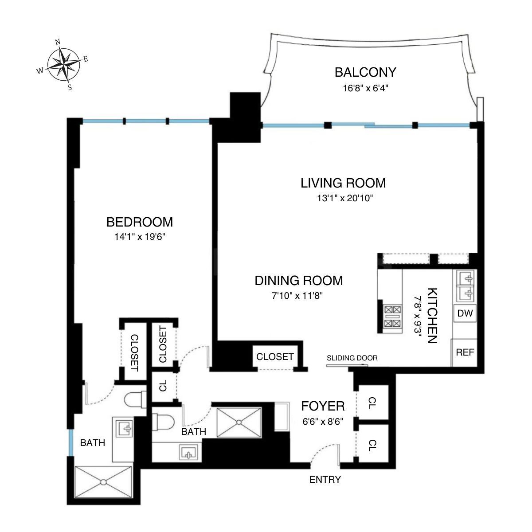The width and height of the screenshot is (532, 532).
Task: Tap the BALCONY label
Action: click(x=365, y=72)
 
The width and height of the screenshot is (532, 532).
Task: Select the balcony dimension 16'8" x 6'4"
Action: click(x=365, y=88)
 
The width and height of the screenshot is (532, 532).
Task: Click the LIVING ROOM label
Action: click(x=343, y=183)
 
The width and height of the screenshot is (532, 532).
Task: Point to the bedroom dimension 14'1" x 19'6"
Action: click(x=139, y=237)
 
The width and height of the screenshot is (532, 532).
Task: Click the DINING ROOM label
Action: click(x=298, y=281)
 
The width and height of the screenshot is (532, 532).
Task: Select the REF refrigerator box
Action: click(x=465, y=352)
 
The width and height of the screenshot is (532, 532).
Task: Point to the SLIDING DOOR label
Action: click(x=352, y=358)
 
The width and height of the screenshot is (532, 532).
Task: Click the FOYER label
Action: click(x=323, y=406)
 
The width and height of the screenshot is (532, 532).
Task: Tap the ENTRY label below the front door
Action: click(x=325, y=479)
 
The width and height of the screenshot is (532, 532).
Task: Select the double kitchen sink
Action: click(x=465, y=285)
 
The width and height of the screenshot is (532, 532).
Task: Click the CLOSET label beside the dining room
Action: click(x=275, y=356)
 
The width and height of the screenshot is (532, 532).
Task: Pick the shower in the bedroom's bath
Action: click(x=103, y=482)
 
